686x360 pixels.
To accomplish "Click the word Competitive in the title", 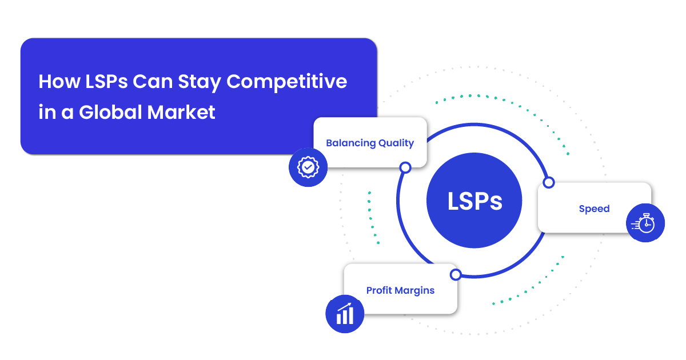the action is pyautogui.click(x=286, y=82).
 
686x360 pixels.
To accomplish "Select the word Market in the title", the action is pyautogui.click(x=181, y=112).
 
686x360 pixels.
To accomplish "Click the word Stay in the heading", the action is pyautogui.click(x=200, y=83).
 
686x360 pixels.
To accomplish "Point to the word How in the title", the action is pyautogui.click(x=59, y=82).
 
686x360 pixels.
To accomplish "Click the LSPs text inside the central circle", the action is pyautogui.click(x=474, y=201).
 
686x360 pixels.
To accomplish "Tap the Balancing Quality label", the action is pyautogui.click(x=370, y=143).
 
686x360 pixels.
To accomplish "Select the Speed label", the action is pyautogui.click(x=594, y=209).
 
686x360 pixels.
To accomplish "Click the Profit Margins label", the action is pyautogui.click(x=400, y=290).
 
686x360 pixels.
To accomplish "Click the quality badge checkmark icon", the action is pyautogui.click(x=308, y=167).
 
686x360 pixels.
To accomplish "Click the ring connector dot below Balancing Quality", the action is pyautogui.click(x=405, y=167).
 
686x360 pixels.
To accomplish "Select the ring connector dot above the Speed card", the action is pyautogui.click(x=549, y=182).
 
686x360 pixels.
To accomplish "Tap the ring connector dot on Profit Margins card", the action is pyautogui.click(x=456, y=274).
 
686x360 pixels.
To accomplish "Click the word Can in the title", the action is pyautogui.click(x=153, y=82).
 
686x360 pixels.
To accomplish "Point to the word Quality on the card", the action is pyautogui.click(x=396, y=143).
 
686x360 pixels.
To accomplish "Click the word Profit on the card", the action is pyautogui.click(x=379, y=290).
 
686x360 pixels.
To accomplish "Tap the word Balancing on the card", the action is pyautogui.click(x=350, y=143).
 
